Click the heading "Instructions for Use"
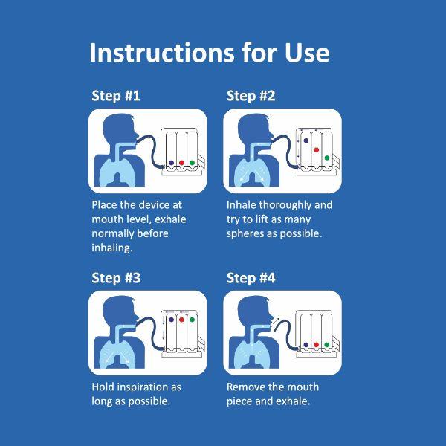pos(210,53)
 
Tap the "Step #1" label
pos(116,96)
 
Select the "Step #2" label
pos(251,96)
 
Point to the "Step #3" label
pos(116,277)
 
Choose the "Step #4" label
pos(251,277)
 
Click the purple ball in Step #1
pos(171,163)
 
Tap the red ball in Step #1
pos(181,163)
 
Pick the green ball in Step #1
pos(192,163)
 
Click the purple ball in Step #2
pos(306,140)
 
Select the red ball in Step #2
pos(317,150)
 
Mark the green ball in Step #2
pos(327,158)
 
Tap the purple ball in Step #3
pos(171,320)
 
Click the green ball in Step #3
pos(192,320)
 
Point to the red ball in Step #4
pos(317,345)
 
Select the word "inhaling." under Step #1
pos(112,248)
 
